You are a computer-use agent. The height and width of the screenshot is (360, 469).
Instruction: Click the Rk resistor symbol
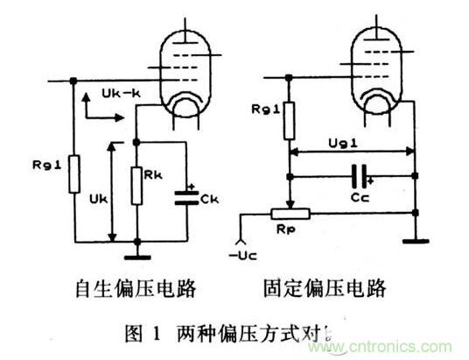pos(136,187)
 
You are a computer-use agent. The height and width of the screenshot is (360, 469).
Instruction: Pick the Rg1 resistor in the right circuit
pos(290,122)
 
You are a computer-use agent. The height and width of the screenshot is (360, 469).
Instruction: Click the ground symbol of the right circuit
pos(416,237)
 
